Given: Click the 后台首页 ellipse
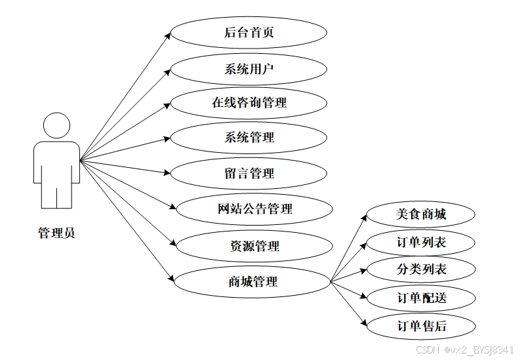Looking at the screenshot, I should coord(249,33).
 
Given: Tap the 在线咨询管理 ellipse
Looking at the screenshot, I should coord(249,103).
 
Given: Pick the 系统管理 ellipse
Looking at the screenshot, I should coord(249,138).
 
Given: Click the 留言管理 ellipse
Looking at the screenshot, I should coord(249,174).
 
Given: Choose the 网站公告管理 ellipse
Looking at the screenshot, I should coord(254,209).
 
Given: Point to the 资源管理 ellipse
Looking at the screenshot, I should coord(254,246).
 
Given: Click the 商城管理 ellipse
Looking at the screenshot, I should coord(253,282).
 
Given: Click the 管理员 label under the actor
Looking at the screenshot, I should coord(56,233).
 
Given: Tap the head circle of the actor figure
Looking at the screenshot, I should coord(56,126).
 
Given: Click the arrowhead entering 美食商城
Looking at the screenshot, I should coord(364,217).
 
